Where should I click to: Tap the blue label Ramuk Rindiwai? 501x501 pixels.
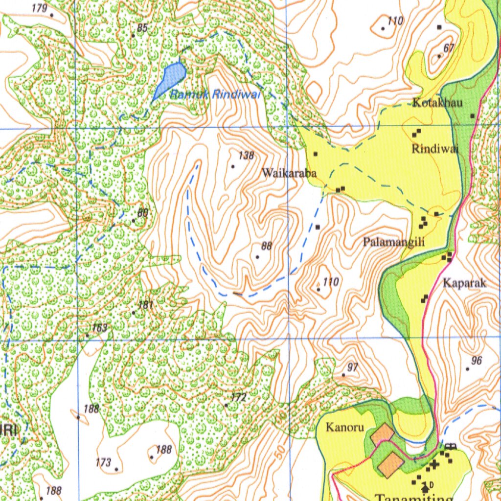point(214,95)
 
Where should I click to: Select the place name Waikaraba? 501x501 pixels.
point(289,173)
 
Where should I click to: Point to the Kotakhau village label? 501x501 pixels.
point(437,103)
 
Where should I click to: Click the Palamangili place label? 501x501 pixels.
point(393,242)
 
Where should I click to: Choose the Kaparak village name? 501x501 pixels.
point(464,283)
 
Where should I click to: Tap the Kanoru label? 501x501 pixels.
point(345,428)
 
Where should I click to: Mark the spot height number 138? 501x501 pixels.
point(246,156)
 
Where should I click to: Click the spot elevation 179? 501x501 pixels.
point(39,8)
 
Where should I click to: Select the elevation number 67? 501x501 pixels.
point(449,47)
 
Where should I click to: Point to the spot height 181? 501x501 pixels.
point(146,305)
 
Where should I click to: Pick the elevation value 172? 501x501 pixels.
point(238,398)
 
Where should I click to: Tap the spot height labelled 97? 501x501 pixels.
point(353,367)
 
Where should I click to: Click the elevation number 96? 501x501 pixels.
point(476,361)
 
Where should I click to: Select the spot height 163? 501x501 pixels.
point(99,328)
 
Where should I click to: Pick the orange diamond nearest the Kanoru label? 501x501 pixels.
point(382,434)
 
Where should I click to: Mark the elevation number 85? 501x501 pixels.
point(142,28)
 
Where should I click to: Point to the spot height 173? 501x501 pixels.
point(103,462)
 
